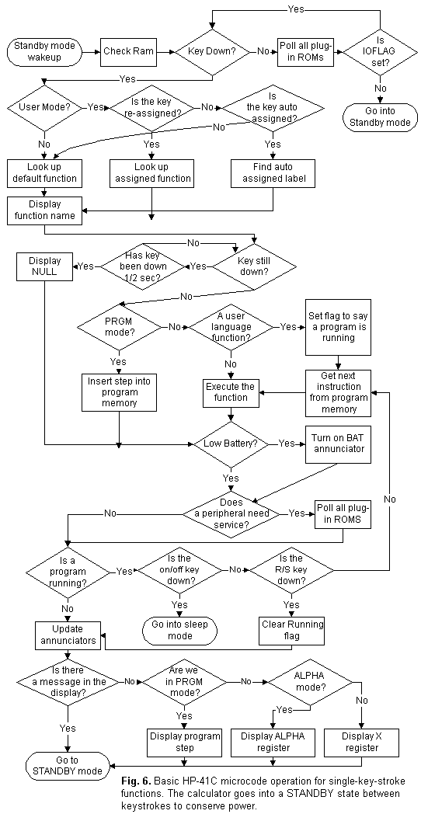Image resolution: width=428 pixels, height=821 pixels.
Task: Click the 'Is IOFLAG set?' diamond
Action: pos(380,53)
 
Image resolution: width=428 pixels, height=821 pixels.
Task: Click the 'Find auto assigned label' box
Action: pos(273,172)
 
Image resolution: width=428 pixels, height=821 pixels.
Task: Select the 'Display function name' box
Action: pos(45,210)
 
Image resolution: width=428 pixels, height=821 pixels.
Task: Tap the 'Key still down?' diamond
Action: pos(254,266)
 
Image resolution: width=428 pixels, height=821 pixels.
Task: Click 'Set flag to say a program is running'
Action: pos(337,327)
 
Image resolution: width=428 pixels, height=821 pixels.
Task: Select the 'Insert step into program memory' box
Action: pos(119,391)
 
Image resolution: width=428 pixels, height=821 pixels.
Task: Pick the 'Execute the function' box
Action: pos(230,391)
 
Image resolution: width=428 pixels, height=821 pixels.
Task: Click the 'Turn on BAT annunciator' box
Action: pos(335,443)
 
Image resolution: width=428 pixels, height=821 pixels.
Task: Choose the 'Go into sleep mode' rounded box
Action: pos(179,630)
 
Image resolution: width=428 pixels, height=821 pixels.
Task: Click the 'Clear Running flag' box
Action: pos(291,630)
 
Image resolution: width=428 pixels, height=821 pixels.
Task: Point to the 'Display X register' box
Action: pos(357,742)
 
